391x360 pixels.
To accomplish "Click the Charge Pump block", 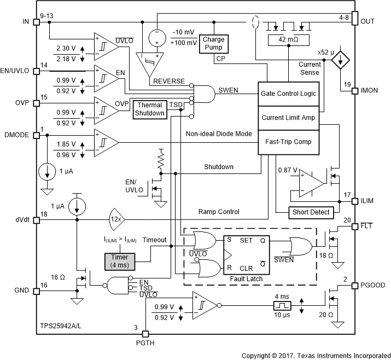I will click(x=214, y=43).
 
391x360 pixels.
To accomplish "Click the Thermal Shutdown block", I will click(x=150, y=109).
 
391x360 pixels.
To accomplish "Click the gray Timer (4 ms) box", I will click(x=120, y=262).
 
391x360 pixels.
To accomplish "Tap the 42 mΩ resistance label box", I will click(x=288, y=40).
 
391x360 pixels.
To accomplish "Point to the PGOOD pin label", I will click(x=374, y=285).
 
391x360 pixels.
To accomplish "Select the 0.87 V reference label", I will click(x=287, y=171).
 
